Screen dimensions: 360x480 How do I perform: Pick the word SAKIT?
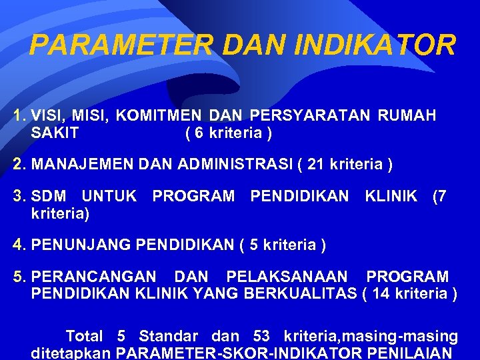(x=55, y=133)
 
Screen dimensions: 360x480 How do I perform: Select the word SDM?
(x=49, y=196)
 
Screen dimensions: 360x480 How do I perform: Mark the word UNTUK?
(x=109, y=196)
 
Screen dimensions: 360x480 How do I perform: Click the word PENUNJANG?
(x=81, y=245)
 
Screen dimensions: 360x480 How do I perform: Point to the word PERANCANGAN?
(x=94, y=277)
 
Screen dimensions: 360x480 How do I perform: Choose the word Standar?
(x=168, y=337)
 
